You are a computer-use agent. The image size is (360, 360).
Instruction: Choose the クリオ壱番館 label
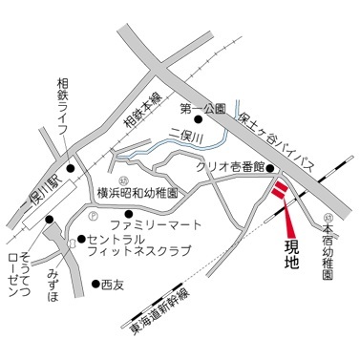pyautogui.click(x=228, y=166)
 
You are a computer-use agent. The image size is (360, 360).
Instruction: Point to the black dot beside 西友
pyautogui.click(x=95, y=284)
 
